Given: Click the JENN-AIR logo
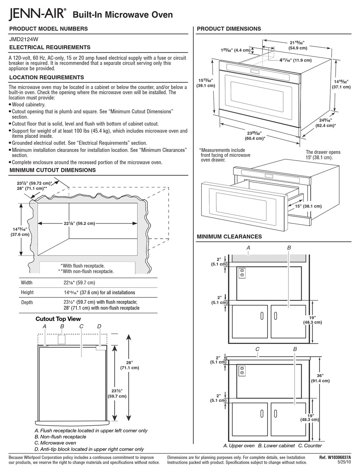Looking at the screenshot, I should pyautogui.click(x=37, y=14).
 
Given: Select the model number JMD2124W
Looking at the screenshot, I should pyautogui.click(x=23, y=39).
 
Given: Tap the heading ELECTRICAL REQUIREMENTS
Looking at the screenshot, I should pyautogui.click(x=50, y=47).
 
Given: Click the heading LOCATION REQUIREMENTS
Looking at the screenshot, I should pyautogui.click(x=46, y=77).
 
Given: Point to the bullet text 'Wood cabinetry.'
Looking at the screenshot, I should pyautogui.click(x=28, y=105).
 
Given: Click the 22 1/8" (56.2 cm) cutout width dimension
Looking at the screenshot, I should pyautogui.click(x=79, y=223).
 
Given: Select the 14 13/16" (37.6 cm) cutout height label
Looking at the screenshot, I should pyautogui.click(x=20, y=232).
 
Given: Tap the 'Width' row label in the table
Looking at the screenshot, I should pyautogui.click(x=27, y=283).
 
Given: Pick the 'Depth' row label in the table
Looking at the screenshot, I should pyautogui.click(x=27, y=302).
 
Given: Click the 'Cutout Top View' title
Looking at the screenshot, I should pyautogui.click(x=58, y=319).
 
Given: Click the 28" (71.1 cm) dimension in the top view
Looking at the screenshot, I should pyautogui.click(x=130, y=365).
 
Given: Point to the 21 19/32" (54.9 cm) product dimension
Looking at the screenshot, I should pyautogui.click(x=297, y=45).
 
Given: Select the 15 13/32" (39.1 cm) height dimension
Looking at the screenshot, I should pyautogui.click(x=206, y=83).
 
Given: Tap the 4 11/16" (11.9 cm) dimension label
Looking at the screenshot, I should pyautogui.click(x=295, y=60).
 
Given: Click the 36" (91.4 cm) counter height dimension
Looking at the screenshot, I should pyautogui.click(x=320, y=378).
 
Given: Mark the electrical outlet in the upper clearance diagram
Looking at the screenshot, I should pyautogui.click(x=241, y=273).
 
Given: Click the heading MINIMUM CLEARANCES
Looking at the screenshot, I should pyautogui.click(x=229, y=237).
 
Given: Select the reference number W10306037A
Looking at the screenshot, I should pyautogui.click(x=335, y=457).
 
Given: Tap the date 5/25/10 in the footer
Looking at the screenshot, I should pyautogui.click(x=344, y=462).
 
